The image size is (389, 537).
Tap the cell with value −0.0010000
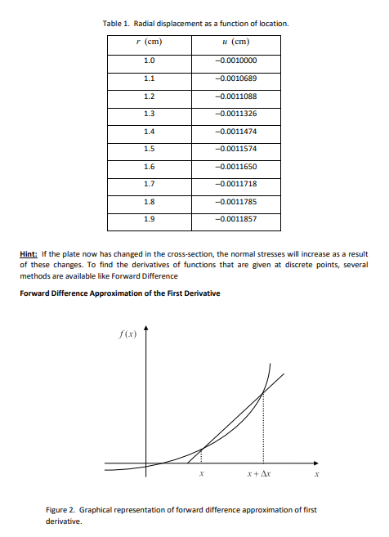point(235,60)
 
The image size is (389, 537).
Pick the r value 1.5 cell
point(149,149)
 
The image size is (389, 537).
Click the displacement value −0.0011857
point(235,220)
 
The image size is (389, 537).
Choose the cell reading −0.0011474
point(235,132)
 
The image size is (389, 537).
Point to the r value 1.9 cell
point(149,220)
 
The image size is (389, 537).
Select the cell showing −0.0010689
point(235,78)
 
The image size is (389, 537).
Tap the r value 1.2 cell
point(149,96)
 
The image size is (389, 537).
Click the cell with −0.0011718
point(235,185)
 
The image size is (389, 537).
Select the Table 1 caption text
point(194,24)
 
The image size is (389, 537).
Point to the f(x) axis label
point(128,333)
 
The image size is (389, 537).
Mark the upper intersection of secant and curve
point(262,394)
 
